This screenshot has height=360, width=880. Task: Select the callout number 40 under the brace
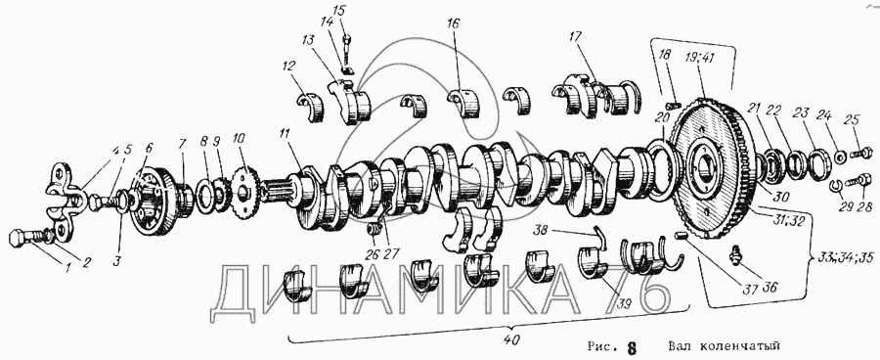[511, 339]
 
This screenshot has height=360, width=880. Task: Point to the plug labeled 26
[372, 231]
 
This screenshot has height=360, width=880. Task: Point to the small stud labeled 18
[673, 104]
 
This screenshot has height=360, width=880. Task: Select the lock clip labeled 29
[832, 188]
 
